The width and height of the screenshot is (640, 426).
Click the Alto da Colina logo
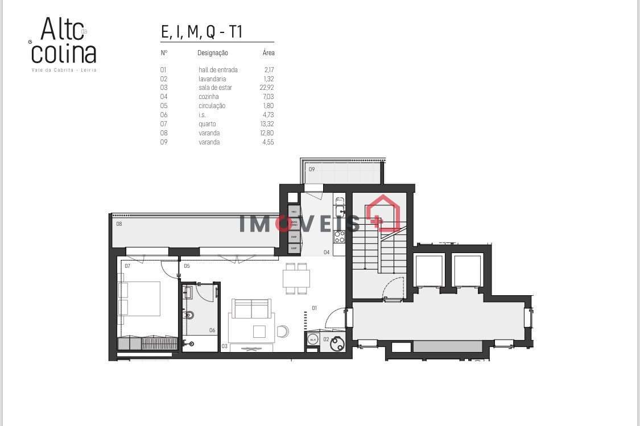(64, 41)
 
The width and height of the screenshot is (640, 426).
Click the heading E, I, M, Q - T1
(202, 32)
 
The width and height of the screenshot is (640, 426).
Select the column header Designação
(213, 53)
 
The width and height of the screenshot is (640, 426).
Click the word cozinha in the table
(209, 97)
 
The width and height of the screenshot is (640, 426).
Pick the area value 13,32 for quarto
(267, 124)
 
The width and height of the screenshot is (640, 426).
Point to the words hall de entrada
(218, 70)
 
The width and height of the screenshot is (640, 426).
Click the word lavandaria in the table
(212, 79)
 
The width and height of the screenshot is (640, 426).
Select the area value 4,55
(267, 142)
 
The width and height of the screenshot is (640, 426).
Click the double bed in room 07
(140, 299)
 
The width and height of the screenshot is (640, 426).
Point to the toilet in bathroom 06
(189, 315)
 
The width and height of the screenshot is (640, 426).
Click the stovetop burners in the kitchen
(340, 236)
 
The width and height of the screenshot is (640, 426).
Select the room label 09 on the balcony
(312, 169)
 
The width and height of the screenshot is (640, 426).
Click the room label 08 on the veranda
(119, 224)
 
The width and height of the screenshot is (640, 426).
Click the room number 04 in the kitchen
(327, 252)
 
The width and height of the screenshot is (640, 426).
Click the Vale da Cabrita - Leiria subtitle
(64, 70)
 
